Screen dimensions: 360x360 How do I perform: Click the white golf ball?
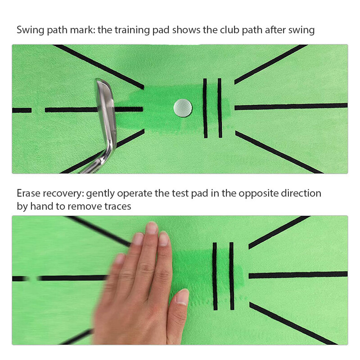pyautogui.click(x=183, y=107)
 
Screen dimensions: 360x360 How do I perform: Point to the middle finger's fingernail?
pyautogui.click(x=152, y=228)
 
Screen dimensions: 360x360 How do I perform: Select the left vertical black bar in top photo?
pyautogui.click(x=205, y=108)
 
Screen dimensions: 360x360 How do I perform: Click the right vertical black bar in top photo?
pyautogui.click(x=220, y=108)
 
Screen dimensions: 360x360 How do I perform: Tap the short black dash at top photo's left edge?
pyautogui.click(x=22, y=110)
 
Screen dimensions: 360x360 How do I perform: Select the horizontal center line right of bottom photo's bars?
pyautogui.click(x=297, y=274)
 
